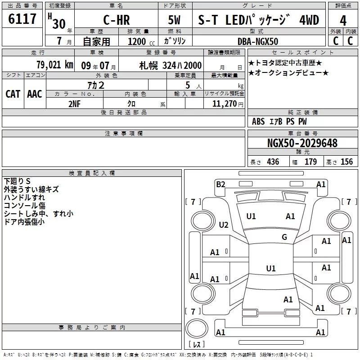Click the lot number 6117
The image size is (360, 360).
tap(22, 19)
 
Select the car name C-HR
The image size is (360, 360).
tap(117, 20)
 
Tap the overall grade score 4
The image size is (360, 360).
tap(343, 21)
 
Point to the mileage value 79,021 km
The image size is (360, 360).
tap(55, 65)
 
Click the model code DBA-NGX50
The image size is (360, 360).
tap(258, 41)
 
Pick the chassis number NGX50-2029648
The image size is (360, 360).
tap(302, 143)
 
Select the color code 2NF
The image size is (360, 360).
tap(75, 104)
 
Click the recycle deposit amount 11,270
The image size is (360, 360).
tap(224, 104)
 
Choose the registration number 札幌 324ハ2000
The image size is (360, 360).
tap(171, 66)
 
